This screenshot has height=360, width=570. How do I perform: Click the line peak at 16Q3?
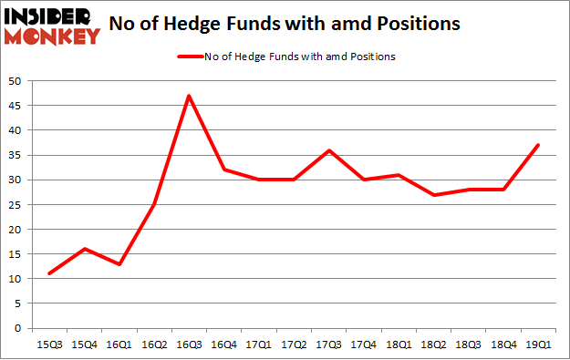click(188, 96)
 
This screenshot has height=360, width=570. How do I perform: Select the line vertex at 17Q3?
click(327, 150)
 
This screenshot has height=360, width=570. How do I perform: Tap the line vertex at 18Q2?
click(432, 195)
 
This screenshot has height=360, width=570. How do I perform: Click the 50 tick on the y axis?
click(20, 81)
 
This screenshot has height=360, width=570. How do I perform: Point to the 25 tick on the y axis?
click(20, 205)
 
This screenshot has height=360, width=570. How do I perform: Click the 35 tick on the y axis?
click(20, 155)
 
